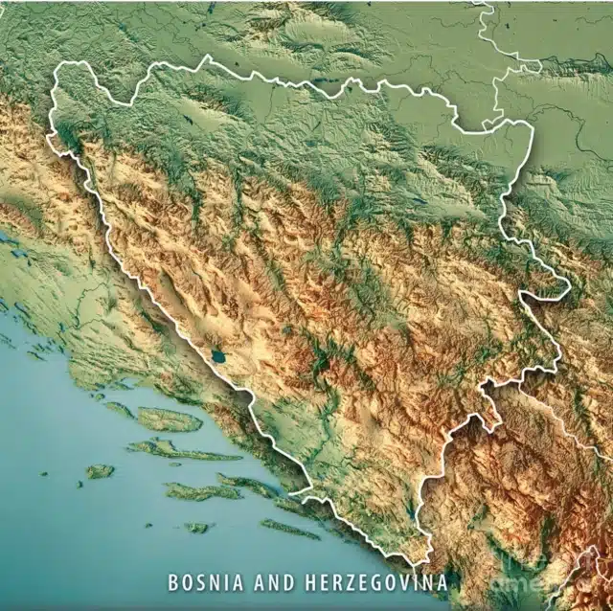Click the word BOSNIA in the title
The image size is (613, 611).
pos(200,582)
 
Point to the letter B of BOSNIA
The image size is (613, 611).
pos(173,582)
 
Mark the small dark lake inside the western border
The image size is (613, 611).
pos(219,357)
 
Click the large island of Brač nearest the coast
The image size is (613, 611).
pos(169,419)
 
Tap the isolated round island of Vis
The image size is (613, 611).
pos(100,471)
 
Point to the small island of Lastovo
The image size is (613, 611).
pos(197,527)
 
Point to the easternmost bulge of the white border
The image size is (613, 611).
pos(569,286)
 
